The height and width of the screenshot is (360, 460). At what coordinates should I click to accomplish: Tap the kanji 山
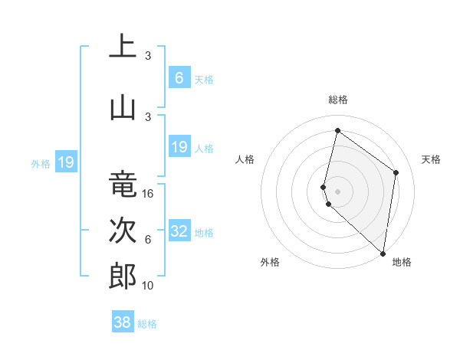[x=123, y=108]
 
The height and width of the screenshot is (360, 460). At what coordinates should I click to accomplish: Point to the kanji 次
[x=123, y=231]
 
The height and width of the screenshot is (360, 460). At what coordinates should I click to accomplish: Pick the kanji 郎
[x=123, y=277]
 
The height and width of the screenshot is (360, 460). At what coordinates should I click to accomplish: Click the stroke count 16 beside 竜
[x=149, y=194]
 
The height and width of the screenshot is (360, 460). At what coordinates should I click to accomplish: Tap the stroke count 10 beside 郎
[x=149, y=285]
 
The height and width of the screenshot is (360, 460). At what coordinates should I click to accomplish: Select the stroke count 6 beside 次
[x=148, y=240]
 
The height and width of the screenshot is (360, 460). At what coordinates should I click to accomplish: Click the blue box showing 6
[x=179, y=78]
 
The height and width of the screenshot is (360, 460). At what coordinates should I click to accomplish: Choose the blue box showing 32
[x=179, y=231]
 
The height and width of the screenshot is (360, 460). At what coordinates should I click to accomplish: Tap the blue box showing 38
[x=122, y=322]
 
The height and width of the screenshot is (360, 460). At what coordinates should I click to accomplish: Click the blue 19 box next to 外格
[x=65, y=162]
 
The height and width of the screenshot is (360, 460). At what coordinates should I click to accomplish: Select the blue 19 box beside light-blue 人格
[x=179, y=147]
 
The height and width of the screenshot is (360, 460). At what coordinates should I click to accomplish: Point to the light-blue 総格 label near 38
[x=147, y=324]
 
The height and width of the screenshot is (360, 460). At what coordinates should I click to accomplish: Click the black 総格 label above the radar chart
[x=337, y=100]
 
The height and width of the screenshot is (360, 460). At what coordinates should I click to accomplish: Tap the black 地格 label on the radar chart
[x=402, y=262]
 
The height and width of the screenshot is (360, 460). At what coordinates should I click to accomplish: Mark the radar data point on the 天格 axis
[x=396, y=172]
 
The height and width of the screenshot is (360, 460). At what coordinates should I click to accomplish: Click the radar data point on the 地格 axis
[x=383, y=254]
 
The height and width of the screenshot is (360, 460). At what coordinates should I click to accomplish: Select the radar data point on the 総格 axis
[x=337, y=130]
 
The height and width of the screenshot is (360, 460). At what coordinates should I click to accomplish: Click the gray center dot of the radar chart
[x=337, y=190]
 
